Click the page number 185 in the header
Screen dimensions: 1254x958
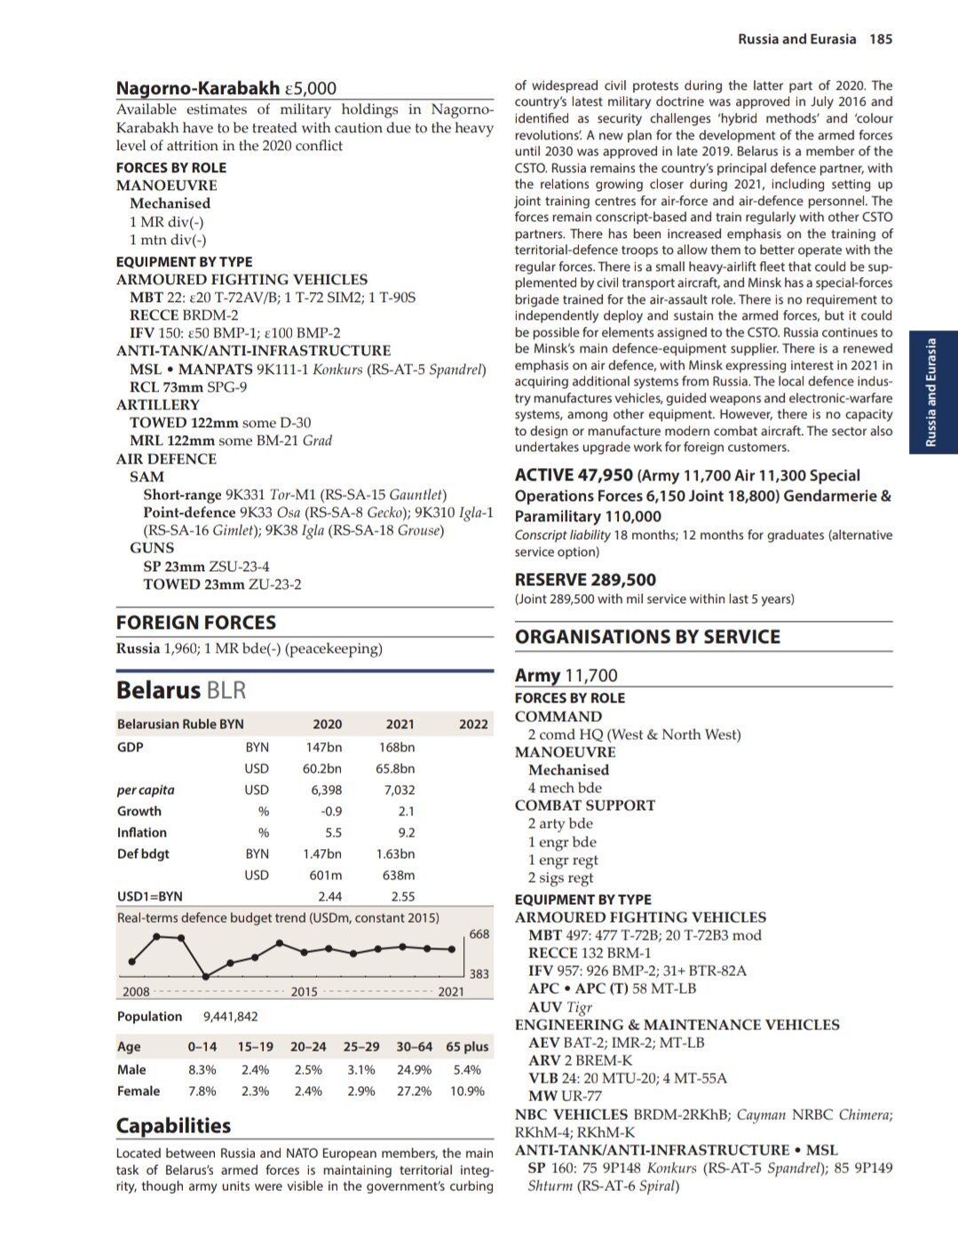click(x=881, y=39)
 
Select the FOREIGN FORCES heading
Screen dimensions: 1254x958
click(x=196, y=623)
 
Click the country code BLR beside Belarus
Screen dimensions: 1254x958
click(x=226, y=691)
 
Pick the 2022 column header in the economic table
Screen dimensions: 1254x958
click(x=473, y=724)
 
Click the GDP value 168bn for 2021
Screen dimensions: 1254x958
click(x=396, y=747)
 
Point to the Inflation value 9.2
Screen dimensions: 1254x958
click(x=407, y=832)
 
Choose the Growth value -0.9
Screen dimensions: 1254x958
click(x=331, y=811)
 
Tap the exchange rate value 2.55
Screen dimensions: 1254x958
click(x=403, y=896)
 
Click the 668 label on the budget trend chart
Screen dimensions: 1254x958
click(x=479, y=933)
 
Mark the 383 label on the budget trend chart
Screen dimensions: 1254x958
click(x=479, y=973)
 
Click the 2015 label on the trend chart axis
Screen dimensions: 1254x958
click(x=305, y=991)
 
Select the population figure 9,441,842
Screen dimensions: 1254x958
click(x=231, y=1016)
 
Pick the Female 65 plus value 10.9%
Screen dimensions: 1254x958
click(x=467, y=1091)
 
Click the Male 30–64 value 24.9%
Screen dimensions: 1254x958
click(x=414, y=1069)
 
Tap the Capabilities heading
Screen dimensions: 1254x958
click(x=173, y=1125)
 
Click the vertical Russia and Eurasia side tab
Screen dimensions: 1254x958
click(x=931, y=392)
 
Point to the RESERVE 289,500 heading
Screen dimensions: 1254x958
click(x=585, y=580)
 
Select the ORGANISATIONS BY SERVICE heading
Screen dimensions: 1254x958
click(x=647, y=637)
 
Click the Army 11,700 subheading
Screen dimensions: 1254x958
click(x=566, y=675)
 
